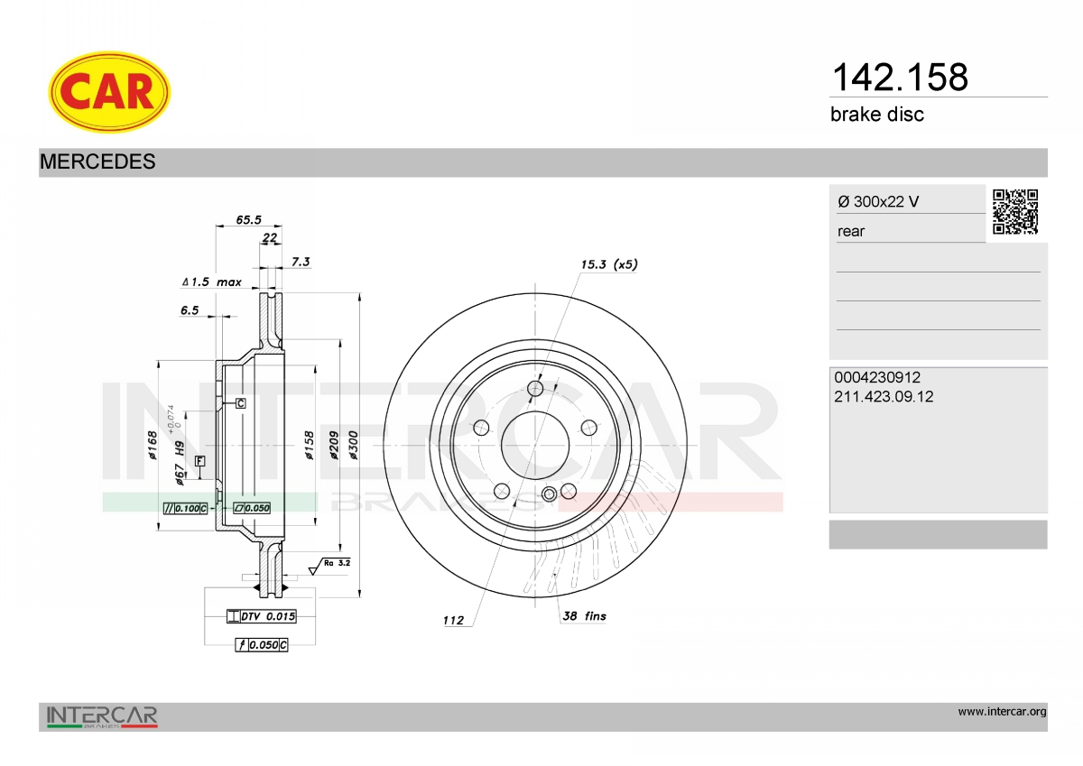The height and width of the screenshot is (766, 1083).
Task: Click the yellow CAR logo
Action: click(109, 92)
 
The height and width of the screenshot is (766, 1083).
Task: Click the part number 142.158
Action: click(900, 77)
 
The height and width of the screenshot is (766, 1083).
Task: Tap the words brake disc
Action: click(877, 115)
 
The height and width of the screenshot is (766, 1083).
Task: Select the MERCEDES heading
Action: click(97, 162)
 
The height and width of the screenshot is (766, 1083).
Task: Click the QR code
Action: click(1015, 212)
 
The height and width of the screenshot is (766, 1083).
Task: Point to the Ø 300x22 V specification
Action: click(878, 201)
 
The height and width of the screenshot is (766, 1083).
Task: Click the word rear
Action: click(851, 232)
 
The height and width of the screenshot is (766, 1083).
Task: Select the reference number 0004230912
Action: click(877, 377)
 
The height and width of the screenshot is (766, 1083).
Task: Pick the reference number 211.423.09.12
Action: click(884, 397)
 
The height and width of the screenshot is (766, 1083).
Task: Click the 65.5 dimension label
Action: click(248, 220)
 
